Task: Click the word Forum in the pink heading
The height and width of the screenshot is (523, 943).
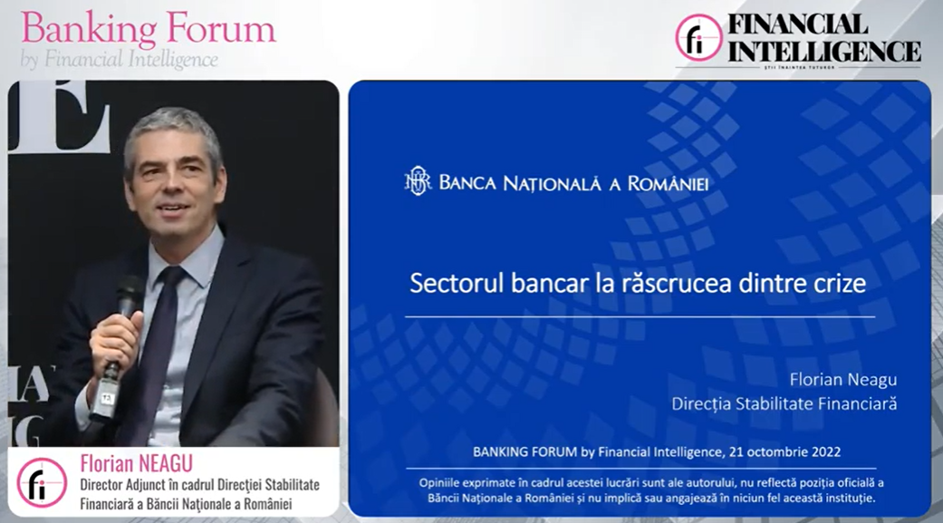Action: click(220, 28)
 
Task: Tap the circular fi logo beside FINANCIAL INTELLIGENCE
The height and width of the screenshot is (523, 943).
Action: click(698, 37)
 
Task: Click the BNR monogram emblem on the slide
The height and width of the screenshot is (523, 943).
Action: click(418, 181)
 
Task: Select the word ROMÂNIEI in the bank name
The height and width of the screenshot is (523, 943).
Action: click(668, 183)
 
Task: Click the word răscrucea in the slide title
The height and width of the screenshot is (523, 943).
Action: click(666, 283)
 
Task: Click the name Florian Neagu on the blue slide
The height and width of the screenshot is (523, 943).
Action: click(843, 380)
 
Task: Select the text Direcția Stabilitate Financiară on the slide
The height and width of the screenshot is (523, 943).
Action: click(784, 403)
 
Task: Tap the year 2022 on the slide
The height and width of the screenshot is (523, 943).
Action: click(825, 451)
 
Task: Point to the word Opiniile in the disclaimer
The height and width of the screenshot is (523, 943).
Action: click(442, 483)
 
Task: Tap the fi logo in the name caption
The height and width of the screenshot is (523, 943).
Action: click(42, 483)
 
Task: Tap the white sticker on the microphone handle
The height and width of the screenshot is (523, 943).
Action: click(107, 398)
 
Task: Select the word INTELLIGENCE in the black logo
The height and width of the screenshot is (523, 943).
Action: click(824, 51)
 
